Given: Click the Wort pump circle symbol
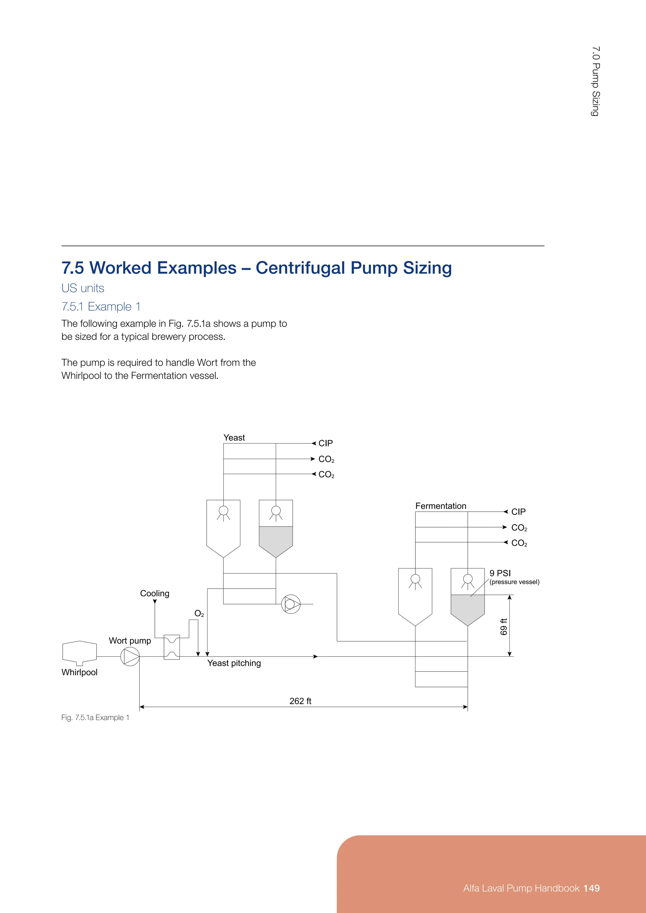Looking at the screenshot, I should click(130, 656).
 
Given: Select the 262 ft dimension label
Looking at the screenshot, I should click(300, 701).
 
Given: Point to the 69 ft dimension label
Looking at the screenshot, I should click(504, 627).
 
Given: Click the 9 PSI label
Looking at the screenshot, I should click(500, 573).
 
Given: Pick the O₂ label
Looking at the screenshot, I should click(199, 614).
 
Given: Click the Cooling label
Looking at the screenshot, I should click(155, 593).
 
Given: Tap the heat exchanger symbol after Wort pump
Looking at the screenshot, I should click(172, 647).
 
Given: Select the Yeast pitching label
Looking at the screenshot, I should click(234, 663).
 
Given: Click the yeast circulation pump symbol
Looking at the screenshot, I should click(291, 604).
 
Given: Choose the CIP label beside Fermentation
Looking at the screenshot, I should click(518, 512).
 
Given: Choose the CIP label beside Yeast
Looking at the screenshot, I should click(326, 443).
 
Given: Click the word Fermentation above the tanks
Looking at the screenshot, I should click(440, 506).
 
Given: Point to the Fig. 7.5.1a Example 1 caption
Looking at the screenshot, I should click(95, 717).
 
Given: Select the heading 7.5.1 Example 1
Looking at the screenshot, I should click(101, 306).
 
